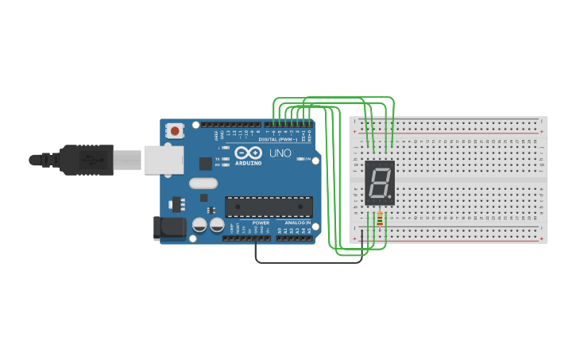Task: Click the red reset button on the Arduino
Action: click(x=174, y=130)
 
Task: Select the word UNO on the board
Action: click(x=280, y=153)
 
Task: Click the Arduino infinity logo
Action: click(x=248, y=153)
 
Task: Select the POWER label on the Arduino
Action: click(x=261, y=223)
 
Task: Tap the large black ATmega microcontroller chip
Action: click(x=268, y=207)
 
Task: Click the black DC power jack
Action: click(x=168, y=229)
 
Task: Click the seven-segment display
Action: click(x=380, y=183)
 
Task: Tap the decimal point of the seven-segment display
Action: click(x=390, y=196)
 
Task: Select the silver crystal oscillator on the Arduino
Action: click(x=203, y=183)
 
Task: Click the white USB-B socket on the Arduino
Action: click(x=164, y=159)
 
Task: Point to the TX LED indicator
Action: click(x=226, y=158)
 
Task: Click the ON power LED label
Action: click(x=306, y=159)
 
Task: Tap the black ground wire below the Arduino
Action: click(x=302, y=262)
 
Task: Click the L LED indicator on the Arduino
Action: click(x=226, y=148)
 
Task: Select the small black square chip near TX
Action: click(x=206, y=164)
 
